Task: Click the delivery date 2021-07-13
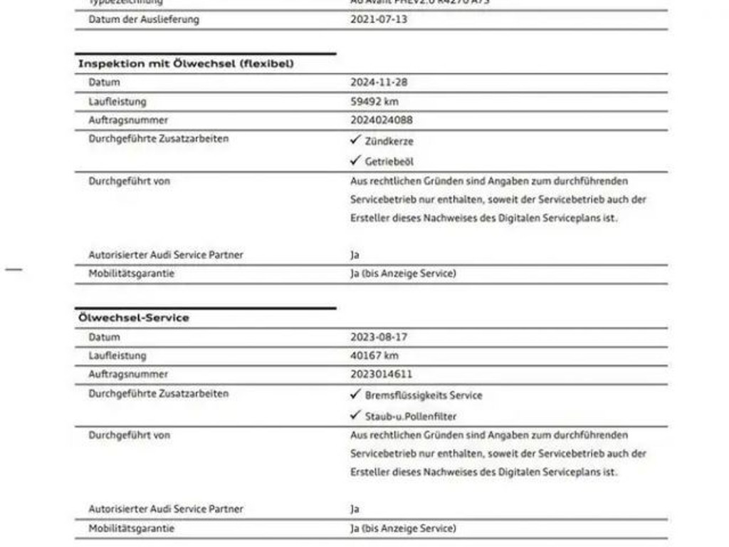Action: coord(379,19)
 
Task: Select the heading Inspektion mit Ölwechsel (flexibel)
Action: coord(186,63)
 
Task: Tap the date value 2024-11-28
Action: coord(379,83)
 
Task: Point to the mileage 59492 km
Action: coord(374,101)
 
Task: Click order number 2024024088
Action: coord(381,120)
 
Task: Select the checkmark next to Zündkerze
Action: coord(355,140)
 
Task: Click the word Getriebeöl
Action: coord(389,162)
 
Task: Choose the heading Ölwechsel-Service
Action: coord(134,318)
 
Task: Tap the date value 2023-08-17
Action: coord(379,337)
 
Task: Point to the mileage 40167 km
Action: coord(374,355)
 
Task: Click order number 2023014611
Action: coord(381,374)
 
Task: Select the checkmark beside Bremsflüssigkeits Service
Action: coord(355,395)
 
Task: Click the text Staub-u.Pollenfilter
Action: coord(411,416)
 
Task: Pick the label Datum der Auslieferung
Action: coord(144,19)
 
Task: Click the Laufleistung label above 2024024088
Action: coord(117,101)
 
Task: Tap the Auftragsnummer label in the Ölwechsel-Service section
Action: coord(128,374)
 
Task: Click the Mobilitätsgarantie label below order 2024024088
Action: coord(131,273)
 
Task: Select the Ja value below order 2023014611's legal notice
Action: coord(355,509)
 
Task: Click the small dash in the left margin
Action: coord(14,269)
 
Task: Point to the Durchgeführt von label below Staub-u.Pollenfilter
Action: coord(129,434)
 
